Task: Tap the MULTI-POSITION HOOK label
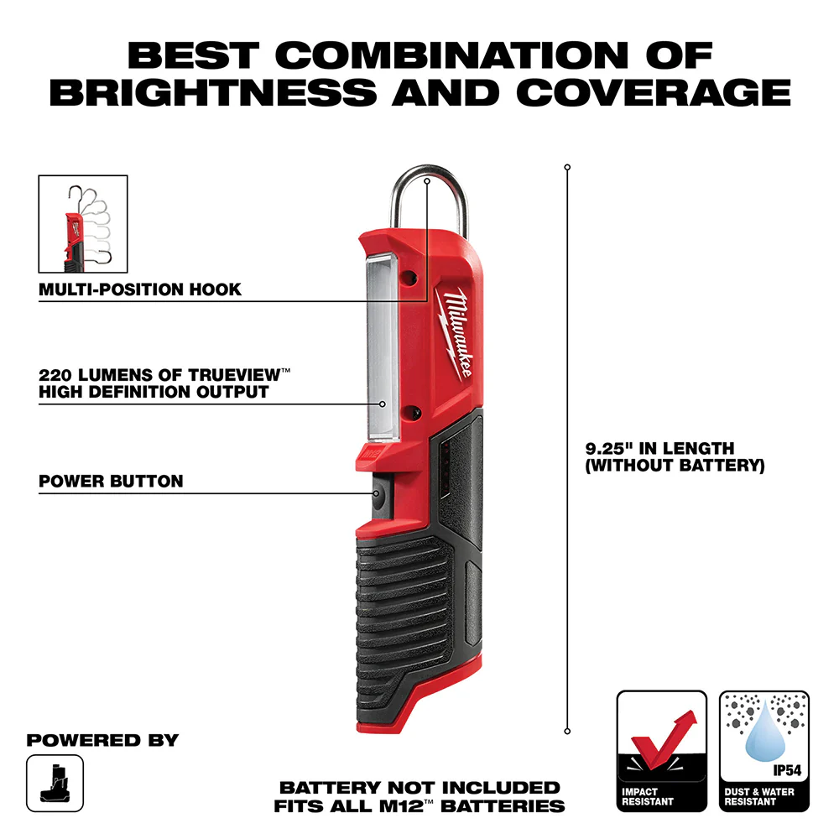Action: pos(140,289)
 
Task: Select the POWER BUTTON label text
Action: pos(111,482)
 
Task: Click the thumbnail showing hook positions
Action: pos(83,224)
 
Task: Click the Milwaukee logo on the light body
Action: pos(452,331)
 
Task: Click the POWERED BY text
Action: pos(102,741)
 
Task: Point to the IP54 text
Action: pos(787,768)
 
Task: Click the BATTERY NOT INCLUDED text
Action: pos(419,788)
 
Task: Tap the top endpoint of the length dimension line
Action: pos(567,168)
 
